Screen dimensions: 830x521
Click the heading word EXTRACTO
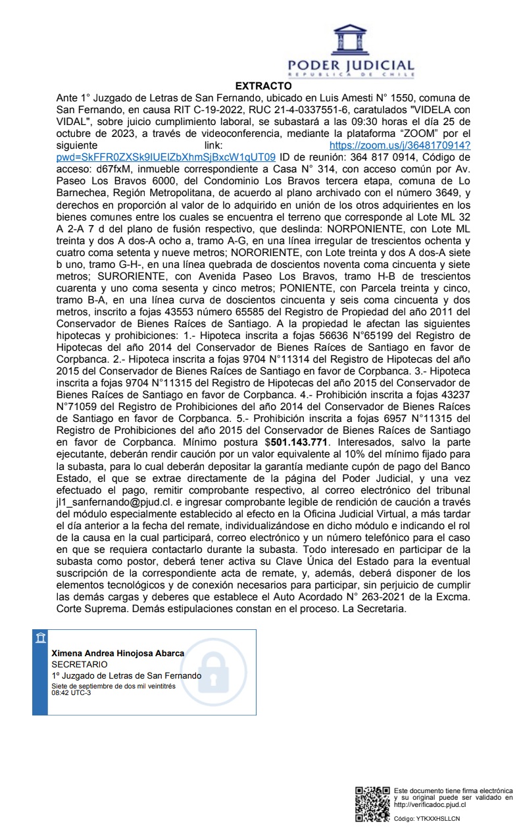[x=263, y=86]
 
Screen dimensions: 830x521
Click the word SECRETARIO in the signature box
[x=79, y=664]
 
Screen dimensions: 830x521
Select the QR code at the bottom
[x=372, y=804]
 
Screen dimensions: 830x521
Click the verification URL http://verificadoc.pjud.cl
[x=430, y=804]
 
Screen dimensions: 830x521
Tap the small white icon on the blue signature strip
[x=41, y=638]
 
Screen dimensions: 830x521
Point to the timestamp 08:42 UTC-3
[x=72, y=692]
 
